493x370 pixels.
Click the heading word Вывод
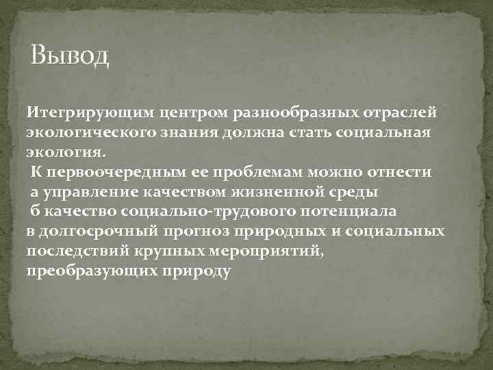(x=70, y=54)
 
